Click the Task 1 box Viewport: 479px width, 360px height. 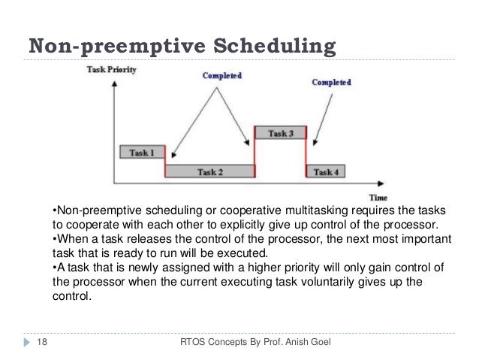pyautogui.click(x=142, y=152)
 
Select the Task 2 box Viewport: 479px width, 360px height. pyautogui.click(x=209, y=171)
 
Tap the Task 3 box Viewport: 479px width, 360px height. pyautogui.click(x=281, y=133)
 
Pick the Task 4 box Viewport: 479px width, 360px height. pyautogui.click(x=326, y=171)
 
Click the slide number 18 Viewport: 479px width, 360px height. pyautogui.click(x=31, y=343)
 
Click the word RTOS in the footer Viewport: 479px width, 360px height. pyautogui.click(x=188, y=343)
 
